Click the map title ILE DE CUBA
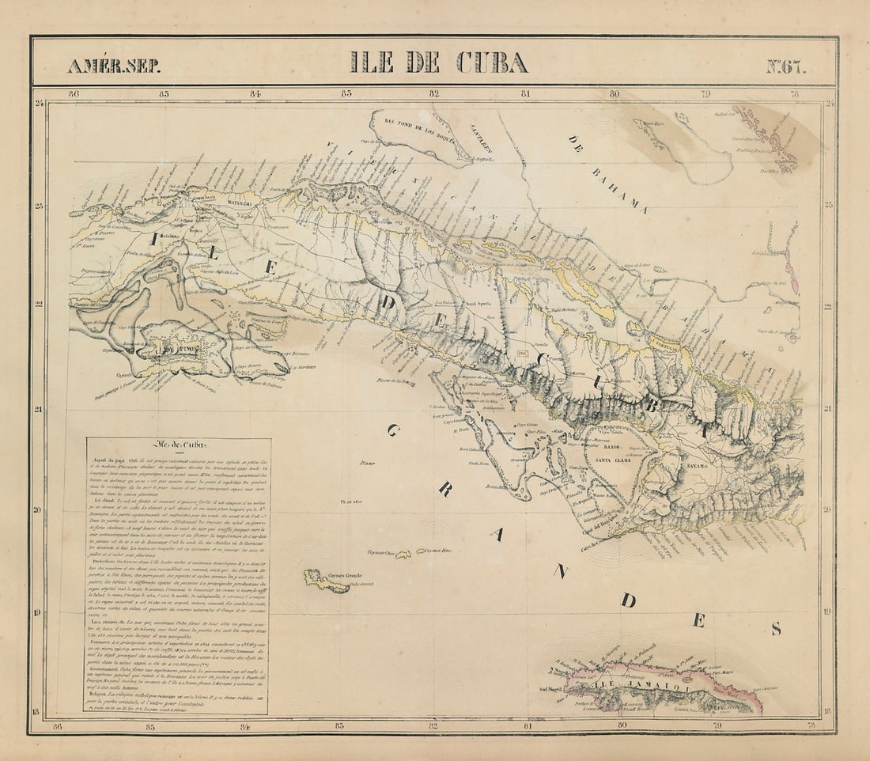click(439, 62)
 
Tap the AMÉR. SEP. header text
click(114, 66)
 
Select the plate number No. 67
click(786, 66)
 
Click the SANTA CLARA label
click(618, 458)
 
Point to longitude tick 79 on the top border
click(703, 93)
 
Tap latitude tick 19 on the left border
click(38, 612)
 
